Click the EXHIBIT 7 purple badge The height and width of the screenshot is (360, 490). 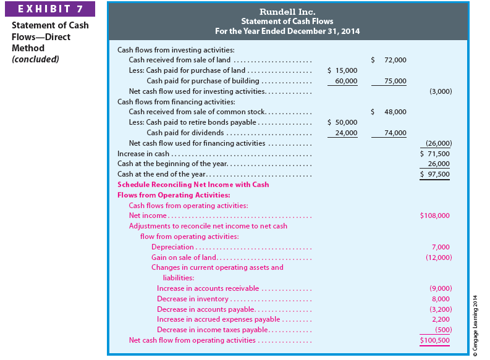(51, 9)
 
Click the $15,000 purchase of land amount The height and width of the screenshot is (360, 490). (342, 70)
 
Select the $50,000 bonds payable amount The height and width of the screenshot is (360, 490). (342, 122)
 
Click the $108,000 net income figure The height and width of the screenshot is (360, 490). (434, 216)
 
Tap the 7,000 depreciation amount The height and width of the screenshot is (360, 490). (441, 247)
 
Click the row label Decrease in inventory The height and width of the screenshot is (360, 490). (193, 299)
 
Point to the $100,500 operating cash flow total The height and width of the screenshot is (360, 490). (434, 340)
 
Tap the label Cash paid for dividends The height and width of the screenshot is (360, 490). (185, 133)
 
